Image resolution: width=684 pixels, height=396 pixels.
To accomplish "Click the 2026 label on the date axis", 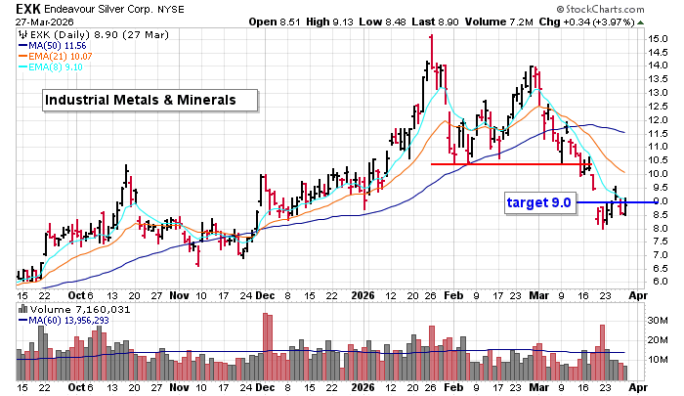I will (363, 294).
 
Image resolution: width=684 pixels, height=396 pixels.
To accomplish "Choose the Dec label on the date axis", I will (265, 294).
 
